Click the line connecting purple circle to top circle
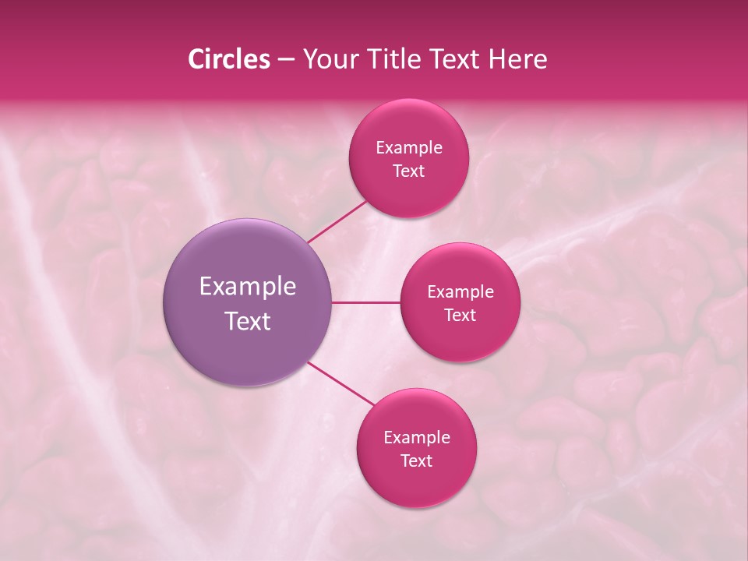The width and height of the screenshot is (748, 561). [338, 221]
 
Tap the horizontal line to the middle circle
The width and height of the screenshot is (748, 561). [366, 302]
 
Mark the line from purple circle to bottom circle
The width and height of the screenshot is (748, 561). [341, 384]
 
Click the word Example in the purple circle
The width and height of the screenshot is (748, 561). [248, 287]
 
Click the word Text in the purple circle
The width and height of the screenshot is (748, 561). [248, 321]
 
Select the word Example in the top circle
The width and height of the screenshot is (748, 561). [409, 148]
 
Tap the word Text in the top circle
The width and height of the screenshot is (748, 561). [408, 171]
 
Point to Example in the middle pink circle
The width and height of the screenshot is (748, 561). [460, 292]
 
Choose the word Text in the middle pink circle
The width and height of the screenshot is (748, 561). [460, 315]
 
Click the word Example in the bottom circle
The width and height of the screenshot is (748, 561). [417, 438]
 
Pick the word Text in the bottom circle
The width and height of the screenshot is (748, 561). [416, 460]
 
